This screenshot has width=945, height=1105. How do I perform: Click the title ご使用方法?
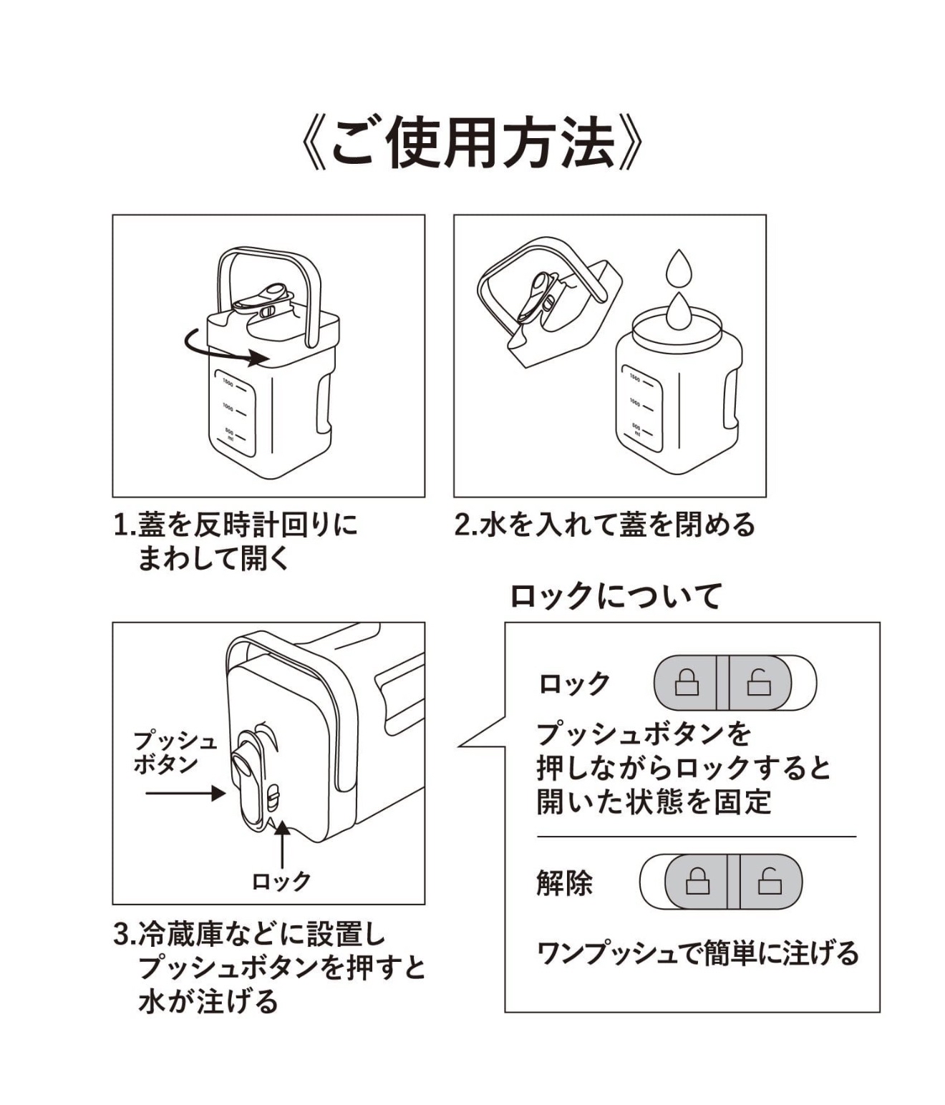472,144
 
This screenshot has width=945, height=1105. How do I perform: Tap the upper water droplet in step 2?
678,268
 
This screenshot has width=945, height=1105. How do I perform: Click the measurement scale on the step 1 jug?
234,412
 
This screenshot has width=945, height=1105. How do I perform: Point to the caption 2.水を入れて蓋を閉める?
605,525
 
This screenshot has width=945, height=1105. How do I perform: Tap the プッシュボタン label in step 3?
175,752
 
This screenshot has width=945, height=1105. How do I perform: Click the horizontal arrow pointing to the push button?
185,793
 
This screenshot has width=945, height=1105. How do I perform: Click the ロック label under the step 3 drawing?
281,881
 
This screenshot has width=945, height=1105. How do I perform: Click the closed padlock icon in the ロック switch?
687,683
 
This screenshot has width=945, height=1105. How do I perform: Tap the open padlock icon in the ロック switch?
759,683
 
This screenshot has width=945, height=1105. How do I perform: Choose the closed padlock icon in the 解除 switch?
697,881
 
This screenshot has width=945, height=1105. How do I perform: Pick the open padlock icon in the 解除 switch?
770,881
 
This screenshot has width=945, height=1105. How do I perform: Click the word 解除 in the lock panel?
564,883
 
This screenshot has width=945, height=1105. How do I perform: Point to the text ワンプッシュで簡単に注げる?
697,954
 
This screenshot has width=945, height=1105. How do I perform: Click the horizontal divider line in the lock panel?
696,836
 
